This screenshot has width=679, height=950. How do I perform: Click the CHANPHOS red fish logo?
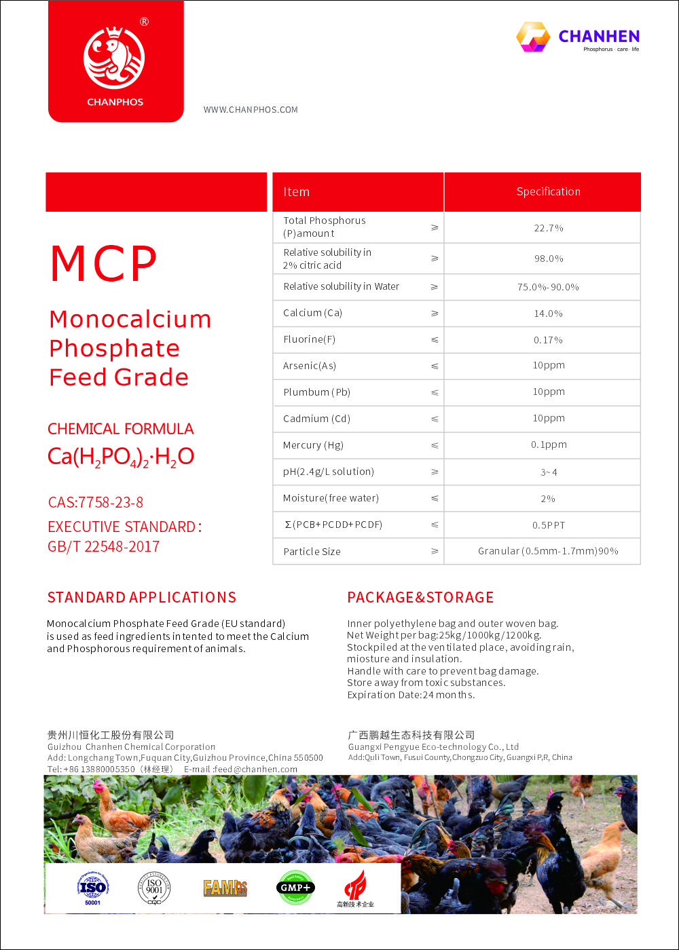114,58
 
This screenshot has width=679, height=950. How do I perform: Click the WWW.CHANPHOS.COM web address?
251,110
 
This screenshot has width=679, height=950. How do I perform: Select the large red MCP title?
104,264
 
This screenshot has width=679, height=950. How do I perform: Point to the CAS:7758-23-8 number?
96,503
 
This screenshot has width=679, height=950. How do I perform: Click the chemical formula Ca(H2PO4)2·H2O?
121,457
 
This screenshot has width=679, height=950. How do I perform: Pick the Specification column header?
548,192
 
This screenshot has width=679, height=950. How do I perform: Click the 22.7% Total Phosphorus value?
548,228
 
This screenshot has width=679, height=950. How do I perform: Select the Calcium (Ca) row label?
312,313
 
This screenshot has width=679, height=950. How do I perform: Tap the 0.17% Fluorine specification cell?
548,340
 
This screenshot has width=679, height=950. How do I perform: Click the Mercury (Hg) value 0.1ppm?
549,445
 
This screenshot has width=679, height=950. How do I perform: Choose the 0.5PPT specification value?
549,525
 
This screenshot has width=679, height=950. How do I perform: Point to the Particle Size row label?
312,552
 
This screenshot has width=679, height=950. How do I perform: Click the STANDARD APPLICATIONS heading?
142,598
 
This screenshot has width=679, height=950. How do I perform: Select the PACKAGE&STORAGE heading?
420,598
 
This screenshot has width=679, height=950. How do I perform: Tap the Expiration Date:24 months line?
411,695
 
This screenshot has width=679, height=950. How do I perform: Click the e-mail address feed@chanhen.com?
255,769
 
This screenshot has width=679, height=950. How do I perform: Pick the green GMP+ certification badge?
295,887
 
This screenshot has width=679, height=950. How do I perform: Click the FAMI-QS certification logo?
225,887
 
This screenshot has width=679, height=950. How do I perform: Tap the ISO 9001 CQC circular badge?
154,888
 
